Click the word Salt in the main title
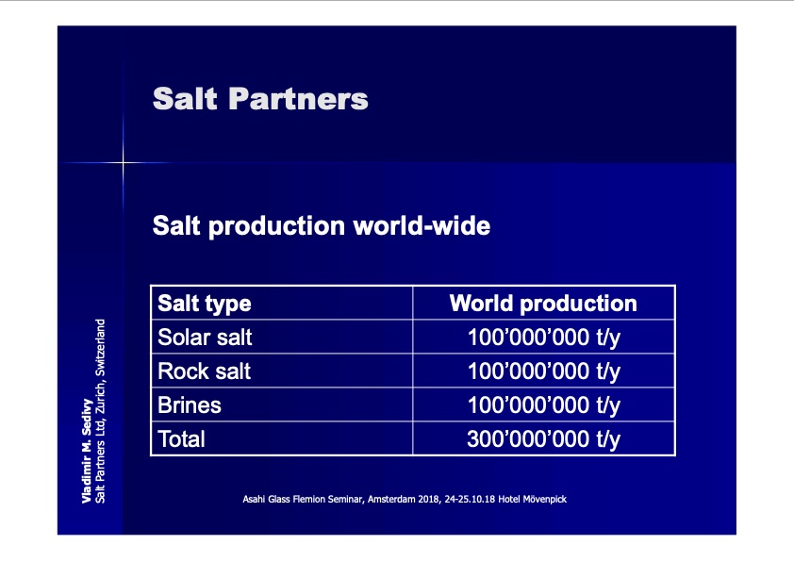click(185, 98)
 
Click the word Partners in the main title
click(298, 98)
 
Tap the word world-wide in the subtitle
click(422, 225)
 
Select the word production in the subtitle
click(276, 226)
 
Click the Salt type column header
click(205, 304)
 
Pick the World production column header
click(543, 304)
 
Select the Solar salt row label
click(205, 338)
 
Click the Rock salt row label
click(205, 371)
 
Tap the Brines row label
click(190, 405)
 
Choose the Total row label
click(182, 439)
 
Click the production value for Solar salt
click(544, 338)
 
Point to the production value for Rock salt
click(544, 371)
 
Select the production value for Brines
click(544, 405)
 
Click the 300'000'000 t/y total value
click(544, 439)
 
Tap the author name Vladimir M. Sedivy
click(87, 451)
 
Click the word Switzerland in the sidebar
click(100, 347)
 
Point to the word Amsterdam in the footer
click(391, 499)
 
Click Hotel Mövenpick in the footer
click(532, 499)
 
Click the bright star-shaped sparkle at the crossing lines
click(123, 162)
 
